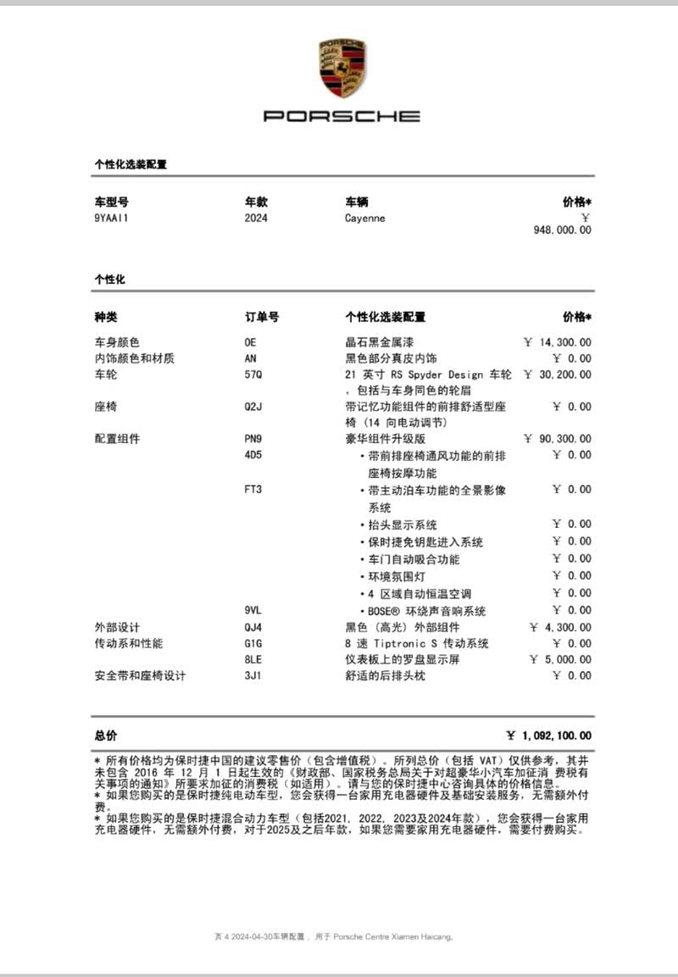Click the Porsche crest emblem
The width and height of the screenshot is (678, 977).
pos(342,67)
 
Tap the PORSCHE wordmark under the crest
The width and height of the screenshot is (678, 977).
pos(342,116)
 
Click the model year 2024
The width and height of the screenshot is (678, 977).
pos(256,218)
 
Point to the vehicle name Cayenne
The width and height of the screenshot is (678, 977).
pos(364,218)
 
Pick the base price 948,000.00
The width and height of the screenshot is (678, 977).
pos(563,230)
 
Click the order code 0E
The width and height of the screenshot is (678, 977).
pos(250,342)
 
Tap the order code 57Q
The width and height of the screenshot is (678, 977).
pos(253,375)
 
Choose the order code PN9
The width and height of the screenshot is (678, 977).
pos(253,439)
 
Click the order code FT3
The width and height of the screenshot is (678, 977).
pos(253,490)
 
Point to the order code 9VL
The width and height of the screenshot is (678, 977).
pos(253,611)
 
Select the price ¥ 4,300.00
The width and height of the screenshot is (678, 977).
pos(560,627)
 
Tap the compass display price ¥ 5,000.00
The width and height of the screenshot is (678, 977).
pos(560,659)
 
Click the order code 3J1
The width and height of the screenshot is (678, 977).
pos(253,675)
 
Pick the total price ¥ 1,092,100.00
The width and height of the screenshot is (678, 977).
pos(548,736)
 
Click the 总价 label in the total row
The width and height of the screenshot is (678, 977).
pos(106,736)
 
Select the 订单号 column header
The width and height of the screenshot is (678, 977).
pos(262,317)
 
